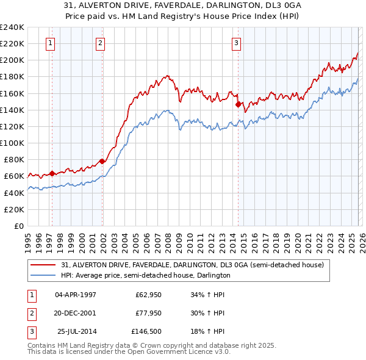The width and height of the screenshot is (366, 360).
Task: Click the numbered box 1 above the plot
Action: click(49, 43)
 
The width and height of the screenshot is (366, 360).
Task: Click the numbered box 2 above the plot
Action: click(100, 43)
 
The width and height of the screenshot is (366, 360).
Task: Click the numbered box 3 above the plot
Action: click(236, 43)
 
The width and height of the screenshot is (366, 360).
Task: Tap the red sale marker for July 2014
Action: click(239, 104)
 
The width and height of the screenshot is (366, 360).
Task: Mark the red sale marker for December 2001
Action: click(102, 161)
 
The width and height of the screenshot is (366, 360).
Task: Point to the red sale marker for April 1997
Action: click(52, 173)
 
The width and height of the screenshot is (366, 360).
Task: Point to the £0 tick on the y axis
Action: click(20, 226)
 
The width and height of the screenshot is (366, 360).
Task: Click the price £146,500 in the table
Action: click(147, 333)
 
